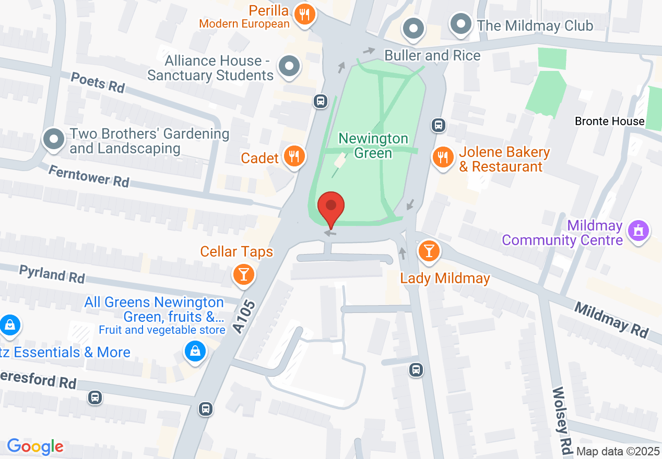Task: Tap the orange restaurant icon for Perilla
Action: point(304,14)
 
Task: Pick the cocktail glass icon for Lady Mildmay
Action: point(429,251)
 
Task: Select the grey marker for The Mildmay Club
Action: point(460,24)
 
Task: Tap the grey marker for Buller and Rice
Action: point(414,29)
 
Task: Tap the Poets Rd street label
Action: point(98,82)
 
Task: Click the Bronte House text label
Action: point(609,121)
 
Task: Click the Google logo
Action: point(35,446)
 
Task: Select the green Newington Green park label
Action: point(373,146)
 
